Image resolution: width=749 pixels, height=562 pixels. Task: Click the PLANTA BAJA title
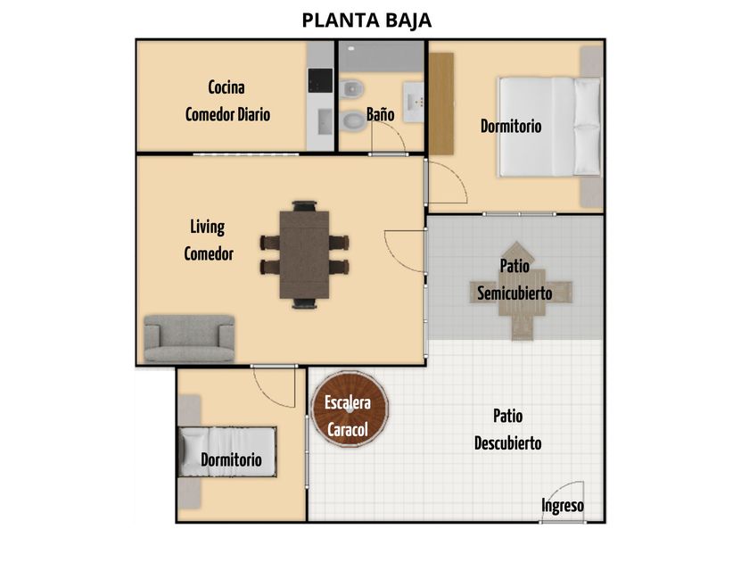click(366, 20)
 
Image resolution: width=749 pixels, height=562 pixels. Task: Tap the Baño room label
click(380, 114)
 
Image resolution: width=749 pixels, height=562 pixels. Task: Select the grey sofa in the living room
click(190, 338)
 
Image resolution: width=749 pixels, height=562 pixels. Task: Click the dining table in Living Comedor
click(304, 254)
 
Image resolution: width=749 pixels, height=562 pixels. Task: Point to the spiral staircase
click(350, 409)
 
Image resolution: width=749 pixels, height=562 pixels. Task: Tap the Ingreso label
click(563, 506)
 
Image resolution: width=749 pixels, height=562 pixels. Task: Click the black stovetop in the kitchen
click(320, 80)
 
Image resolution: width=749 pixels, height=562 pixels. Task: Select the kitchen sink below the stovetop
click(325, 122)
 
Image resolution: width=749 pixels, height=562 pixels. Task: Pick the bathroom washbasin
click(414, 102)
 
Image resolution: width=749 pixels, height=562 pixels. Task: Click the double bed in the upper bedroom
click(549, 127)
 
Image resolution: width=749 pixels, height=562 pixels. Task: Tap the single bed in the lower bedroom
click(227, 451)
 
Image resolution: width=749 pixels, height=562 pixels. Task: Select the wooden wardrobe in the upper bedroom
click(441, 103)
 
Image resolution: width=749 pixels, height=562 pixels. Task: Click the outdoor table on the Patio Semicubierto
click(521, 291)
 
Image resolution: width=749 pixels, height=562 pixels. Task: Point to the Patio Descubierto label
click(507, 430)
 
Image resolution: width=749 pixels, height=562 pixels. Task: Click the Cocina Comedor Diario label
click(227, 101)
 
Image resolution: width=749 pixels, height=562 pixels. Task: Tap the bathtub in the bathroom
click(382, 56)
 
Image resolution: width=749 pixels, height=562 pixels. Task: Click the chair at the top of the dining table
click(304, 206)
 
